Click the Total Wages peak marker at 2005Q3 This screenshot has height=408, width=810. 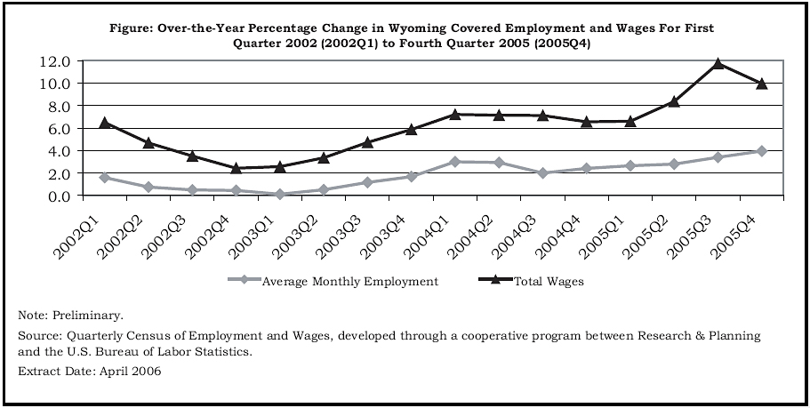coord(717,64)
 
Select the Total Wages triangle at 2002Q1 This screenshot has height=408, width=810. coord(104,123)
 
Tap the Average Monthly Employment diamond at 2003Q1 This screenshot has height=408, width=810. coord(279,194)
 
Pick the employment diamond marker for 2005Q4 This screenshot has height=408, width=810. coord(761,151)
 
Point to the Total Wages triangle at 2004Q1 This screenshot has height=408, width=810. coord(454,115)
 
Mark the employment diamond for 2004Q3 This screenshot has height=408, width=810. coord(541,172)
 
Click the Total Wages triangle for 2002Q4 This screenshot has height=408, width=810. coord(236,168)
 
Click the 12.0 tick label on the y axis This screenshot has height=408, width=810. coord(54,61)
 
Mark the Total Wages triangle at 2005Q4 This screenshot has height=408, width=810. coord(761,84)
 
